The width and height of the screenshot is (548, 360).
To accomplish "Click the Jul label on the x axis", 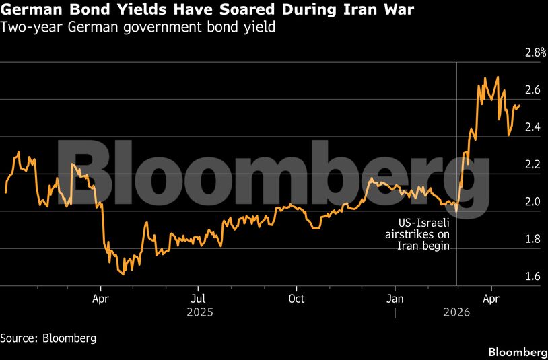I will [x=198, y=298].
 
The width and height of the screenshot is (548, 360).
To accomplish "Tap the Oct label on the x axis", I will [x=296, y=298].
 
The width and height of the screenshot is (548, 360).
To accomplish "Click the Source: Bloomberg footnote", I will [x=48, y=338].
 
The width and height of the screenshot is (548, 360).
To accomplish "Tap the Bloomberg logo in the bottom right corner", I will [x=517, y=352].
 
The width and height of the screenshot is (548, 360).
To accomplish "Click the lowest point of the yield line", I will [x=123, y=274].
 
